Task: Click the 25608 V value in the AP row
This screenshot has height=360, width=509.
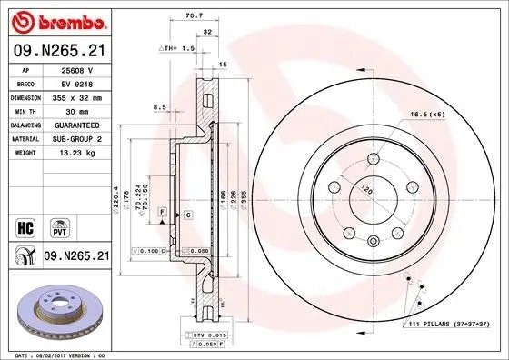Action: point(77,69)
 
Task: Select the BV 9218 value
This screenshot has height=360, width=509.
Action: point(77,82)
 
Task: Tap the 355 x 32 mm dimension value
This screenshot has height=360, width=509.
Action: point(77,95)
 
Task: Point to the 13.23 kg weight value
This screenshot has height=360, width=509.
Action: point(77,153)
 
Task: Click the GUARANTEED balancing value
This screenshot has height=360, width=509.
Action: point(77,125)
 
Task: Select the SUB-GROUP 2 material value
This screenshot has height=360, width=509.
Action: point(77,138)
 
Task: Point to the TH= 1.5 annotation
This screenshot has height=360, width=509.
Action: point(179,46)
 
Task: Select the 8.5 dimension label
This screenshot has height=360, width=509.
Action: point(160,107)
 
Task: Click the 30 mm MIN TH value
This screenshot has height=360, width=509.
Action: point(77,110)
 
